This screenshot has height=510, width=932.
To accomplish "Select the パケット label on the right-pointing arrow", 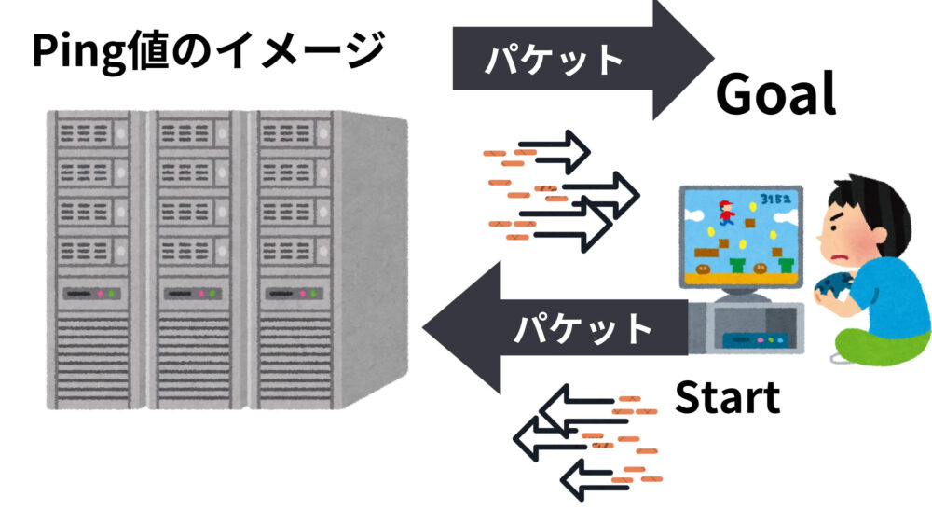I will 554,61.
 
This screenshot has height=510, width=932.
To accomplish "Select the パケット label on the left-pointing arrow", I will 583,328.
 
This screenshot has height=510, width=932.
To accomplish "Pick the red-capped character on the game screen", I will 723,213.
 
